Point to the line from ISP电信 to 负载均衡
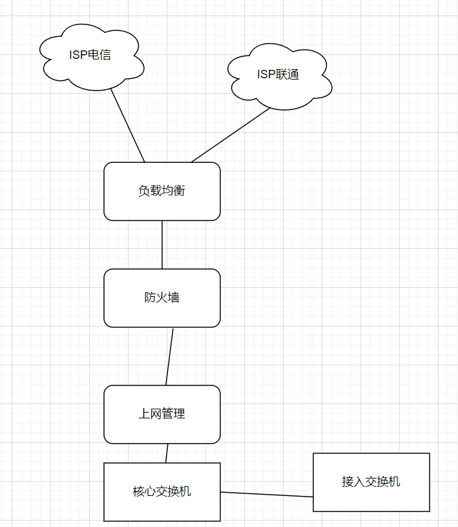(x=127, y=125)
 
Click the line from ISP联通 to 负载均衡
(x=231, y=134)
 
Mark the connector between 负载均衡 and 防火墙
(x=162, y=244)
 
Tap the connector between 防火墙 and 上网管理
(x=169, y=356)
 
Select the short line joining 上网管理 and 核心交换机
(x=167, y=453)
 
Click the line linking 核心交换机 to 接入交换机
(x=267, y=495)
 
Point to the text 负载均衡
(x=161, y=191)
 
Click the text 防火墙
(x=161, y=297)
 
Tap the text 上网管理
(x=161, y=414)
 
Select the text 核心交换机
(x=161, y=491)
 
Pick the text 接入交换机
(x=371, y=482)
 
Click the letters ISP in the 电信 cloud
(x=79, y=55)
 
